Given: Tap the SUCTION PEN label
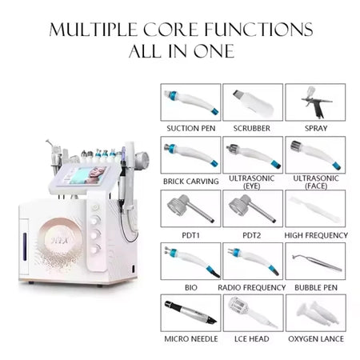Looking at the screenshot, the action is [x=191, y=128].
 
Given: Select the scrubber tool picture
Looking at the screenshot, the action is [x=253, y=102].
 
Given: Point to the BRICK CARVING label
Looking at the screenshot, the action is [x=191, y=182].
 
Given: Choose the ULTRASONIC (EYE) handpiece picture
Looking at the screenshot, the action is [x=253, y=155].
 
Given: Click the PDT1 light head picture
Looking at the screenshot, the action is [x=190, y=208].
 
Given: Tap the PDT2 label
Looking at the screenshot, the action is [x=252, y=235].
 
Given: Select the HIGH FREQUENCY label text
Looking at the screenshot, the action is [x=316, y=235].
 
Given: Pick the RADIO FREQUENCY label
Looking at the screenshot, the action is [x=252, y=287].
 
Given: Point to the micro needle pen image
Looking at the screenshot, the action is [x=190, y=313].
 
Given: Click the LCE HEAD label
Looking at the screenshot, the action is [x=252, y=339].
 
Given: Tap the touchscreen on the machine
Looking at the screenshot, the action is [x=88, y=175].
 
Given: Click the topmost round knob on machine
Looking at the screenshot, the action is [x=95, y=207].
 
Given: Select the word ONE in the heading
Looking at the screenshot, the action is [x=214, y=51].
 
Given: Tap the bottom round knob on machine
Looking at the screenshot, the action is [x=95, y=250].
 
